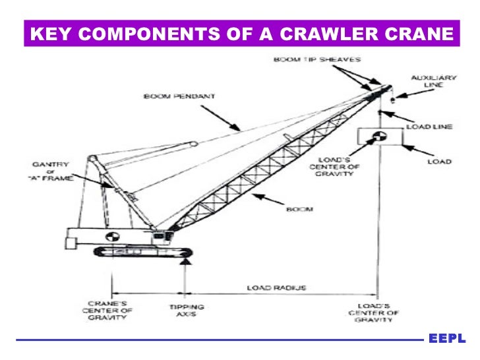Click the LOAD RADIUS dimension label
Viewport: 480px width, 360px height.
click(x=272, y=287)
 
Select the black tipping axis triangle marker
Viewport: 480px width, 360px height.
click(x=185, y=266)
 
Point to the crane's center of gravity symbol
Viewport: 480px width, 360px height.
click(x=113, y=235)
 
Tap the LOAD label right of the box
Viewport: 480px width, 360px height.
click(x=439, y=162)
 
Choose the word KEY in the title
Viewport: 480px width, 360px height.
click(x=49, y=34)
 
